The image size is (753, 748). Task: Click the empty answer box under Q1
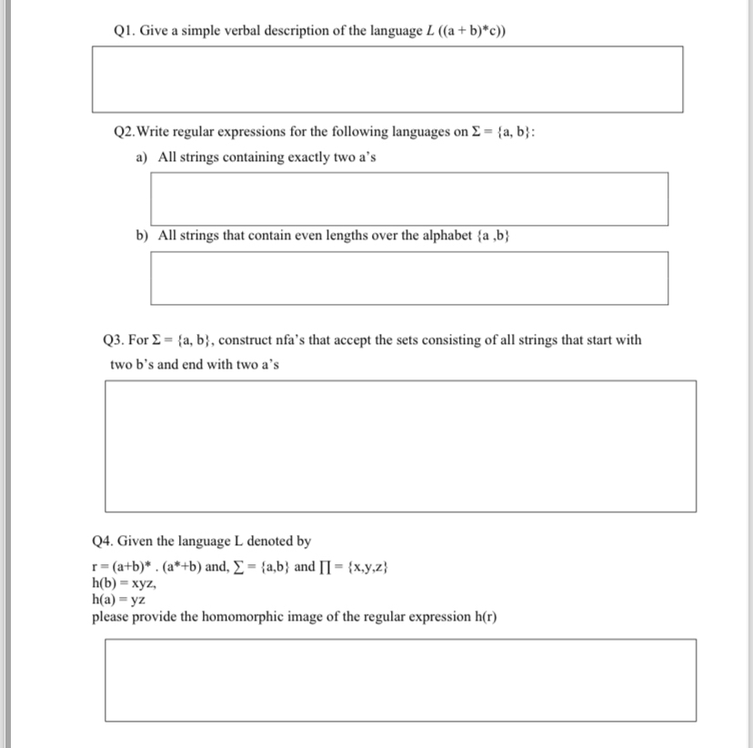387,79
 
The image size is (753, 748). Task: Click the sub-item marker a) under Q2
143,157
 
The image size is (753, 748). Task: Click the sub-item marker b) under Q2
143,236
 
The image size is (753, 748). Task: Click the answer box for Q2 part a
409,198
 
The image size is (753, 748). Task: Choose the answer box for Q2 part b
409,278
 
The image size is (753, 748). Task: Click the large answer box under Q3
400,446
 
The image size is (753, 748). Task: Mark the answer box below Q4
400,680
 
